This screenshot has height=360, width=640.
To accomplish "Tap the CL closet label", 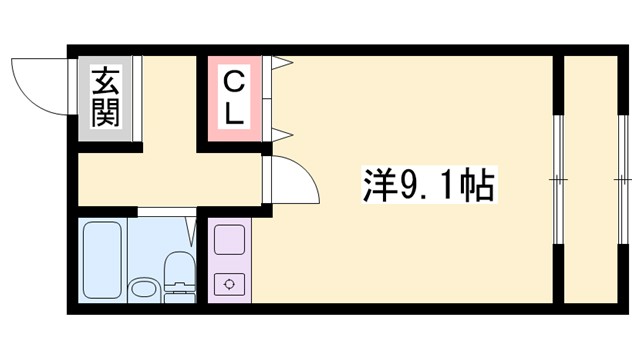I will tap(233, 97).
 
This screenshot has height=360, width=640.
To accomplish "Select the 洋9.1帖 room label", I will tap(425, 186).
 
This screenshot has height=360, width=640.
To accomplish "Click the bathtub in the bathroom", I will tap(101, 258).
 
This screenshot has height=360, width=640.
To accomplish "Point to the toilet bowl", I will tap(177, 268).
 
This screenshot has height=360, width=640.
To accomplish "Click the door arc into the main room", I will tap(296, 177).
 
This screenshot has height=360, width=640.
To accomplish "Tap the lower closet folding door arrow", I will tap(282, 133).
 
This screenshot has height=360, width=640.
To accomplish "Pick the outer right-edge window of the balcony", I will tap(617, 180).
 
